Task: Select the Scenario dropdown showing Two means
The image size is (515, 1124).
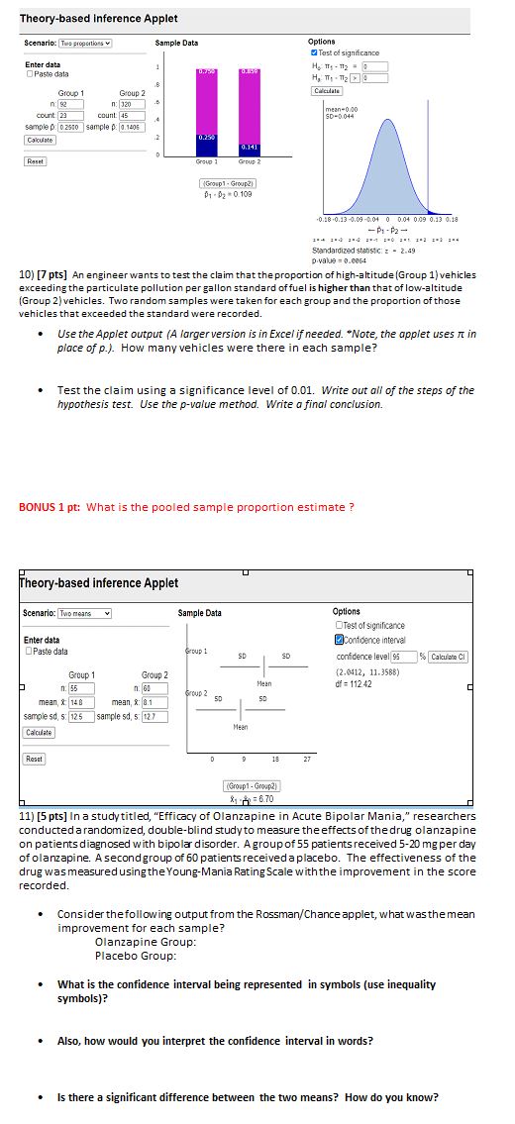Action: click(86, 614)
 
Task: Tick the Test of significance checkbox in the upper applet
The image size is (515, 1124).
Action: click(314, 52)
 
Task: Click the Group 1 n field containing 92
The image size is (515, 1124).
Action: click(70, 102)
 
